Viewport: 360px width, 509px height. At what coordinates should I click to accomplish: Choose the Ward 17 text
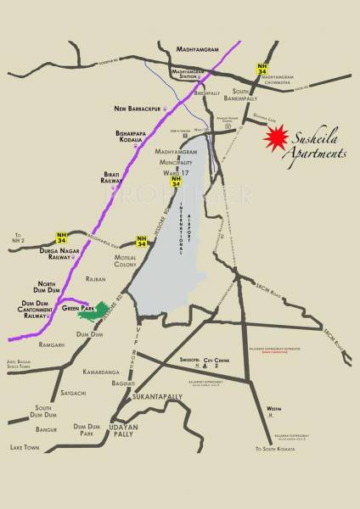pos(175,171)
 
